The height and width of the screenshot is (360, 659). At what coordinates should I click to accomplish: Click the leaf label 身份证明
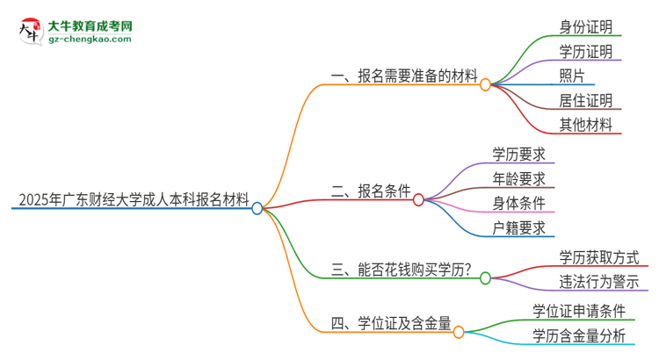(585, 26)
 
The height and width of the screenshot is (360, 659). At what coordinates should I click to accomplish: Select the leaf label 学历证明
(585, 51)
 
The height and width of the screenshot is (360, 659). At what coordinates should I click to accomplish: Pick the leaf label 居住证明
(585, 100)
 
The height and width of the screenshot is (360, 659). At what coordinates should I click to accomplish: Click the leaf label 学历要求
(518, 155)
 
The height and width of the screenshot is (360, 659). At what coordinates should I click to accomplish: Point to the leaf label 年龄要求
(518, 179)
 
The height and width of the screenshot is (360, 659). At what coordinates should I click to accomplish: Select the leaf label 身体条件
(518, 204)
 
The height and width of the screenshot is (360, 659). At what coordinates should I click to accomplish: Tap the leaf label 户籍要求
(518, 228)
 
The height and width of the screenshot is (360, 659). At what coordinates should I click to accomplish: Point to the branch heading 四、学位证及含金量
(392, 325)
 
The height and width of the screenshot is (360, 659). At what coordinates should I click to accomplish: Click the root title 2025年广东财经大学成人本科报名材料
(131, 199)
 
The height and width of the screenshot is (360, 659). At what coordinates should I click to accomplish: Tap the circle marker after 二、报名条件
(418, 199)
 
